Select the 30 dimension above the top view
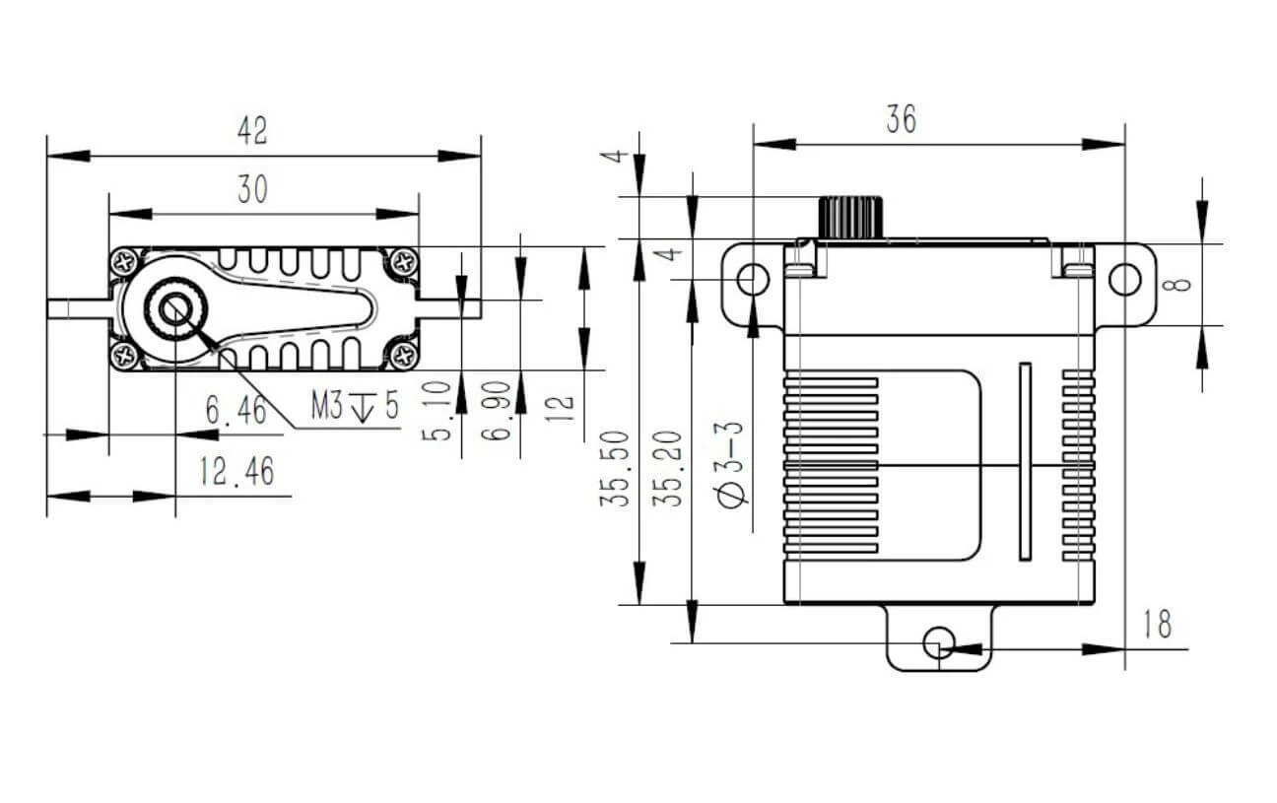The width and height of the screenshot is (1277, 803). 252,189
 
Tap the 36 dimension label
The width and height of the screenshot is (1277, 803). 901,119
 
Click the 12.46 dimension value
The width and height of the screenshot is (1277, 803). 235,473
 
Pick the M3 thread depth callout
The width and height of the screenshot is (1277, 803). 356,405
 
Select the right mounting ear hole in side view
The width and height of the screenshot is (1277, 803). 1124,280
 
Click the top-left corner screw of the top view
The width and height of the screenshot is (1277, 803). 126,263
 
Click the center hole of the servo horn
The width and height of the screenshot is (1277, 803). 176,309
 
